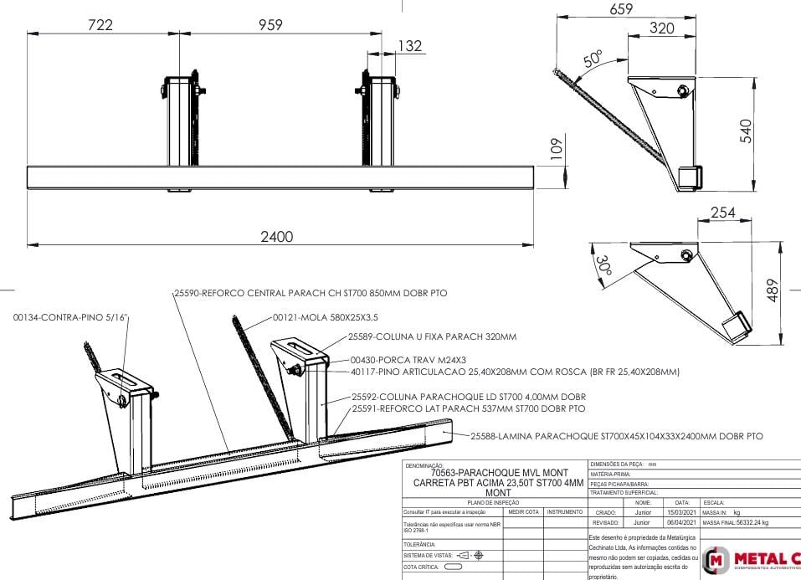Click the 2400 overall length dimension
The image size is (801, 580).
[277, 237]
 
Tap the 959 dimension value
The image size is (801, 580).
[264, 25]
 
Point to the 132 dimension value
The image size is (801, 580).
[408, 46]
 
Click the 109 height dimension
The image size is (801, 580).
[555, 150]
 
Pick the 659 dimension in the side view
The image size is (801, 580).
[620, 9]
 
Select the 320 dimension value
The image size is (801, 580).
[662, 28]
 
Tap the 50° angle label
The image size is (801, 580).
[593, 59]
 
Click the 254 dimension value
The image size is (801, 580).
[723, 213]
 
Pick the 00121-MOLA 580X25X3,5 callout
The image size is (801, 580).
[326, 318]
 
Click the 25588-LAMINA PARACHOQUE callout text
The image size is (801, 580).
[616, 436]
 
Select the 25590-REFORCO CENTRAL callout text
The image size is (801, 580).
[310, 295]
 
